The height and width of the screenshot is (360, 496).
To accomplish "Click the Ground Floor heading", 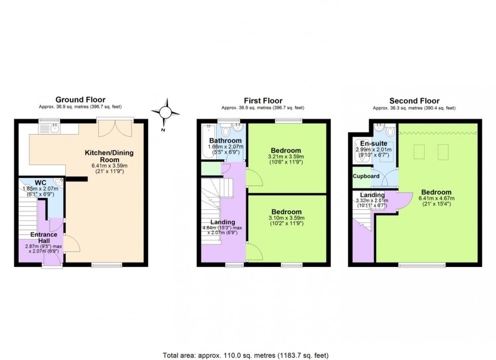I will click(80, 100).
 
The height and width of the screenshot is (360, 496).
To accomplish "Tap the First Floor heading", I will click(263, 101).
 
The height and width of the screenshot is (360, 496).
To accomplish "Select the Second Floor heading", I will click(414, 101).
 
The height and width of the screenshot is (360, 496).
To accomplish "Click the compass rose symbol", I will click(166, 112).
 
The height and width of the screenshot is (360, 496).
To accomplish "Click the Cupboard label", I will click(366, 176).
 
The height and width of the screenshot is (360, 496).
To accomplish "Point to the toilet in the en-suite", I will click(389, 131).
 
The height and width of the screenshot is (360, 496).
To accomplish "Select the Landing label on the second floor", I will click(372, 195).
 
